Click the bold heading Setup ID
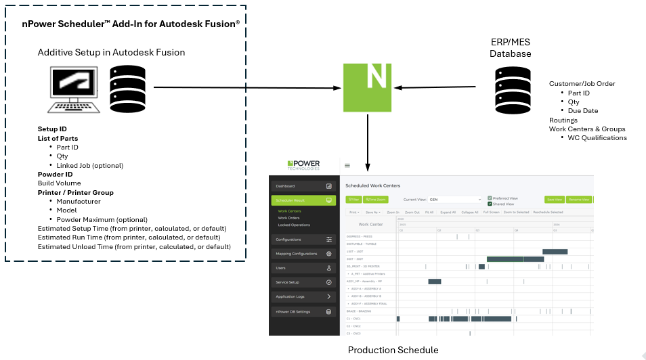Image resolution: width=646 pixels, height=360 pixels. click(x=52, y=129)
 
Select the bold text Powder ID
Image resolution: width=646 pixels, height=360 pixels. click(x=56, y=174)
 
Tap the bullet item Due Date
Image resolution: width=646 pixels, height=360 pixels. click(x=583, y=110)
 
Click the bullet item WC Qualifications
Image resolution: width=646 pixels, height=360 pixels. click(x=597, y=137)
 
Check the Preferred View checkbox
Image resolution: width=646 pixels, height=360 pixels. click(x=490, y=198)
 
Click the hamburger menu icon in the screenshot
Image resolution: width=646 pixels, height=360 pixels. click(x=347, y=165)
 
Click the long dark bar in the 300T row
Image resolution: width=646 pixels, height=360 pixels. click(x=515, y=258)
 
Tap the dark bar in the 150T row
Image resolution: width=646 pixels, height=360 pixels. click(x=555, y=251)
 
